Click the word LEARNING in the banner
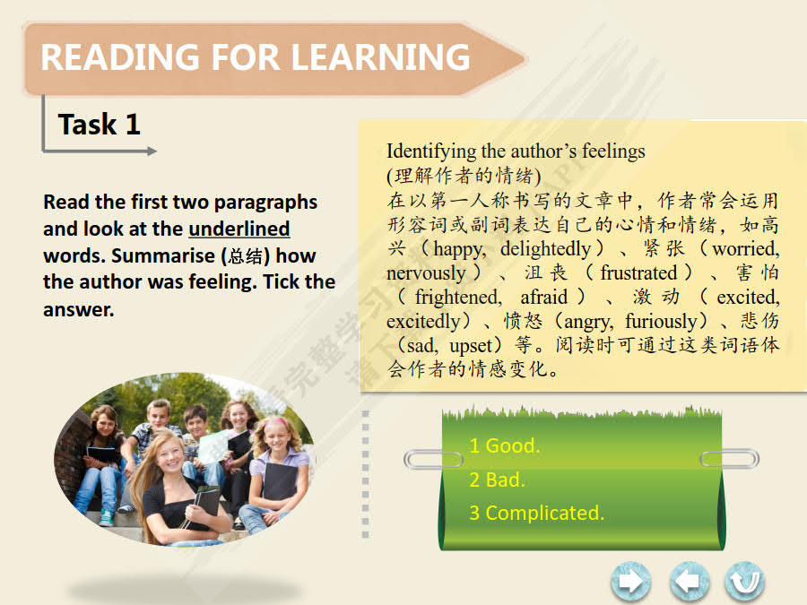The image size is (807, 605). [380, 56]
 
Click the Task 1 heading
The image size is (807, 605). [100, 125]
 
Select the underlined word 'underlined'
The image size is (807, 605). [239, 229]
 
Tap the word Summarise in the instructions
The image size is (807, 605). [163, 255]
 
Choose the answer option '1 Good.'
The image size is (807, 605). [504, 445]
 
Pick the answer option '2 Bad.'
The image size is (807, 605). [497, 480]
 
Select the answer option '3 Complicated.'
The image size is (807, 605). [536, 513]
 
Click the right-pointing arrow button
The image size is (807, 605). [630, 582]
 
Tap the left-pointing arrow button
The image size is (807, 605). [690, 582]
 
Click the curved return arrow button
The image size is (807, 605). [744, 582]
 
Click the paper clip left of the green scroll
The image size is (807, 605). [433, 459]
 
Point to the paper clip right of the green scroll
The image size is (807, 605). [730, 458]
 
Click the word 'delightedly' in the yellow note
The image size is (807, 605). [545, 248]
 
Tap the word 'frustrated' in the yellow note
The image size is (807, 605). [638, 272]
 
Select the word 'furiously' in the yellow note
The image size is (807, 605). [661, 321]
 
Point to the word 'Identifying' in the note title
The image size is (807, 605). [431, 151]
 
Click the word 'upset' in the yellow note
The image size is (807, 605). [471, 346]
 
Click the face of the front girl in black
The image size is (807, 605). [169, 454]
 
